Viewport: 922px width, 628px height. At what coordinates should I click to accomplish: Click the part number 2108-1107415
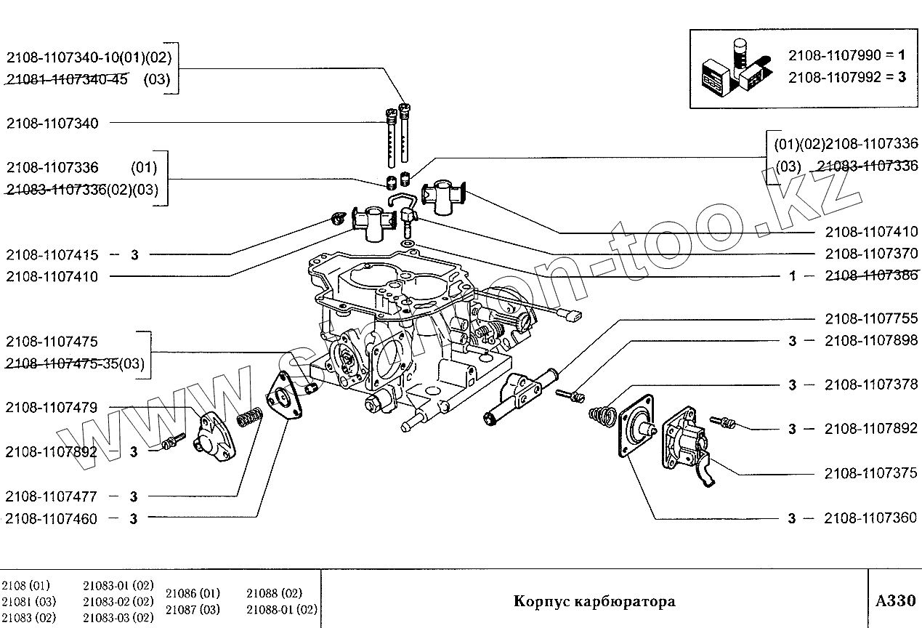52,255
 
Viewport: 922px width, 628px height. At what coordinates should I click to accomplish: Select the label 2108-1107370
871,254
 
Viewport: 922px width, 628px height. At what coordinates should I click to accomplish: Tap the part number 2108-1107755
871,318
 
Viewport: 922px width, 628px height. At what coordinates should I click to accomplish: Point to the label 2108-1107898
871,341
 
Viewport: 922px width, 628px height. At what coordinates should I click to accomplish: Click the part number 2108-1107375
871,474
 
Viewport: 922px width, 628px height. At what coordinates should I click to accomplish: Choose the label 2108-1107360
871,518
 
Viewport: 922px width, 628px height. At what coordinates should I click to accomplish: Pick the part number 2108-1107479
52,408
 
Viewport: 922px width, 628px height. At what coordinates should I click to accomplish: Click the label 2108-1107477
52,497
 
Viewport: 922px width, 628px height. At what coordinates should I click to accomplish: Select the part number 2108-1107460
52,519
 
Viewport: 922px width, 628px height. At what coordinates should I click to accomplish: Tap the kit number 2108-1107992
834,76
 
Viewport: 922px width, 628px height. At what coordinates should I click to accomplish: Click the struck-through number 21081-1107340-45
68,80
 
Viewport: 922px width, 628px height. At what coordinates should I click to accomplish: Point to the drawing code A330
895,600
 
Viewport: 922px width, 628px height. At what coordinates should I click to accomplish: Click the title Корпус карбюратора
594,601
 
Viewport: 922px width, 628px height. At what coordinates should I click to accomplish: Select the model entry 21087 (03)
193,609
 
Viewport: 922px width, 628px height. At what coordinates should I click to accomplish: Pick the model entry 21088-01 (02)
282,609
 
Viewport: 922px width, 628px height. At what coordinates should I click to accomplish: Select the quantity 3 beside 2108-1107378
792,385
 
